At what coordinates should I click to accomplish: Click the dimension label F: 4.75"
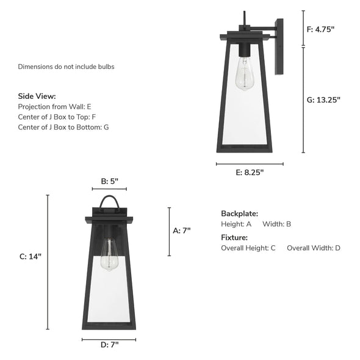point(321,29)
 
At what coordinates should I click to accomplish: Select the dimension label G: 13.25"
point(323,100)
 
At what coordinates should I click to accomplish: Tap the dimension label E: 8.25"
point(250,172)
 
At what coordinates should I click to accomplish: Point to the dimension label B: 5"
point(109,181)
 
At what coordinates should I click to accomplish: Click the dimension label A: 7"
point(182,231)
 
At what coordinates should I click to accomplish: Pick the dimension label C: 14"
point(31,256)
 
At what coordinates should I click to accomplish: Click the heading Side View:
point(37,96)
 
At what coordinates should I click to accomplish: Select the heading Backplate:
point(239,214)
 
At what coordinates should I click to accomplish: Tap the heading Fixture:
point(234,237)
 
